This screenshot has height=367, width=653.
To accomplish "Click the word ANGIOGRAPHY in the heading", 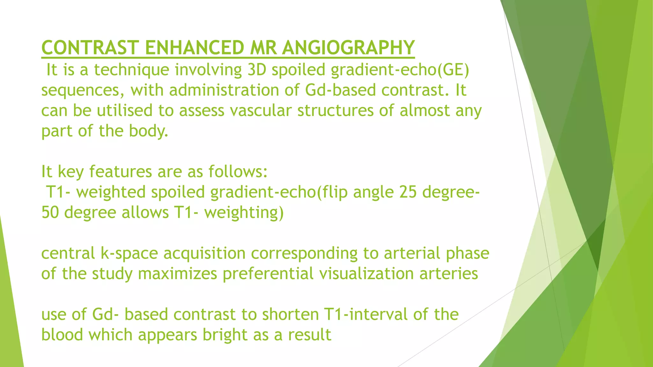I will point(348,48).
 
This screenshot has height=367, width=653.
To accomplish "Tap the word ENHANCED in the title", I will point(194,48).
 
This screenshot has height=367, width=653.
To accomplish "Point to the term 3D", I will point(257,70).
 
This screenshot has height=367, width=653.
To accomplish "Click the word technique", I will point(131,70).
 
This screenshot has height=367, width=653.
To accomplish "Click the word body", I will point(148,131).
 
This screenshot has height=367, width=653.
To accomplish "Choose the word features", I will point(120,172).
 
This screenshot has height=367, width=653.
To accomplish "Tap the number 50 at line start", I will point(50,212).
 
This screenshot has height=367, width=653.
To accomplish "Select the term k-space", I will point(129,254).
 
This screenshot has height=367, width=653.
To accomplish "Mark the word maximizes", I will point(177,274).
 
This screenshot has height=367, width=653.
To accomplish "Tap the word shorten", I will point(290,314).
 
